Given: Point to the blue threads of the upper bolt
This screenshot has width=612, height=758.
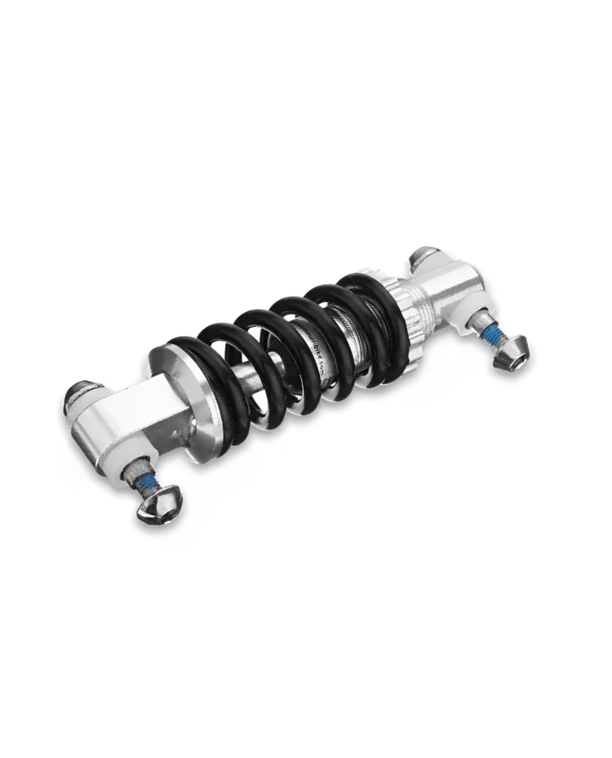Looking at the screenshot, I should pyautogui.click(x=492, y=336).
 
